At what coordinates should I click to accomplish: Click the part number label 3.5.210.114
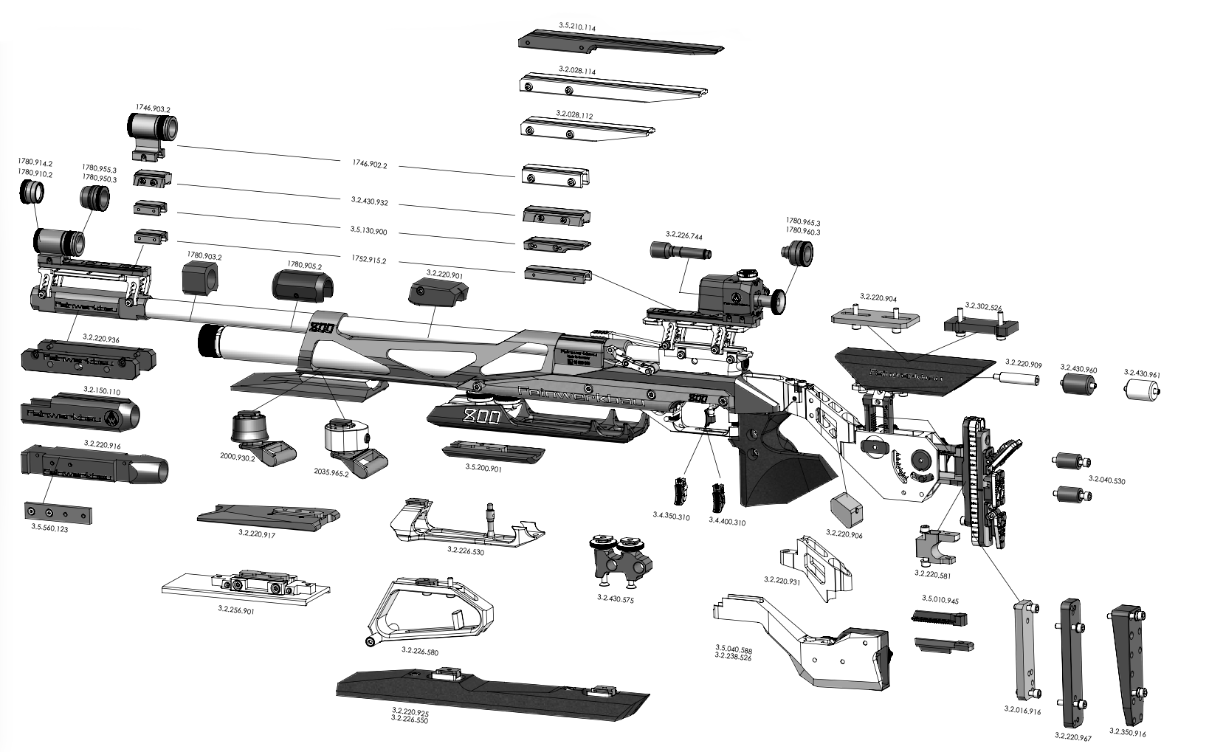point(577,26)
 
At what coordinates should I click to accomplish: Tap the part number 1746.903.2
point(153,108)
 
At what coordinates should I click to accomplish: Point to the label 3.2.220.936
point(102,339)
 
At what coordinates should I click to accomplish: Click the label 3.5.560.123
point(50,529)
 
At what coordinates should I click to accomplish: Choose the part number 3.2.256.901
point(235,610)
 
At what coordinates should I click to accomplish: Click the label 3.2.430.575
point(615,600)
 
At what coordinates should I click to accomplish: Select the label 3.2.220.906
point(844,533)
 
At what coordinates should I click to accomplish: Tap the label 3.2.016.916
point(1022,711)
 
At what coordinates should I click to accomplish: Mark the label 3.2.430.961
point(1141,374)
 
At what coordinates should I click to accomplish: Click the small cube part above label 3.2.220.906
point(846,508)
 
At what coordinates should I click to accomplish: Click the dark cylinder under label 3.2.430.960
point(1078,387)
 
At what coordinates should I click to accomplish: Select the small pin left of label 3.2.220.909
point(1016,379)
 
